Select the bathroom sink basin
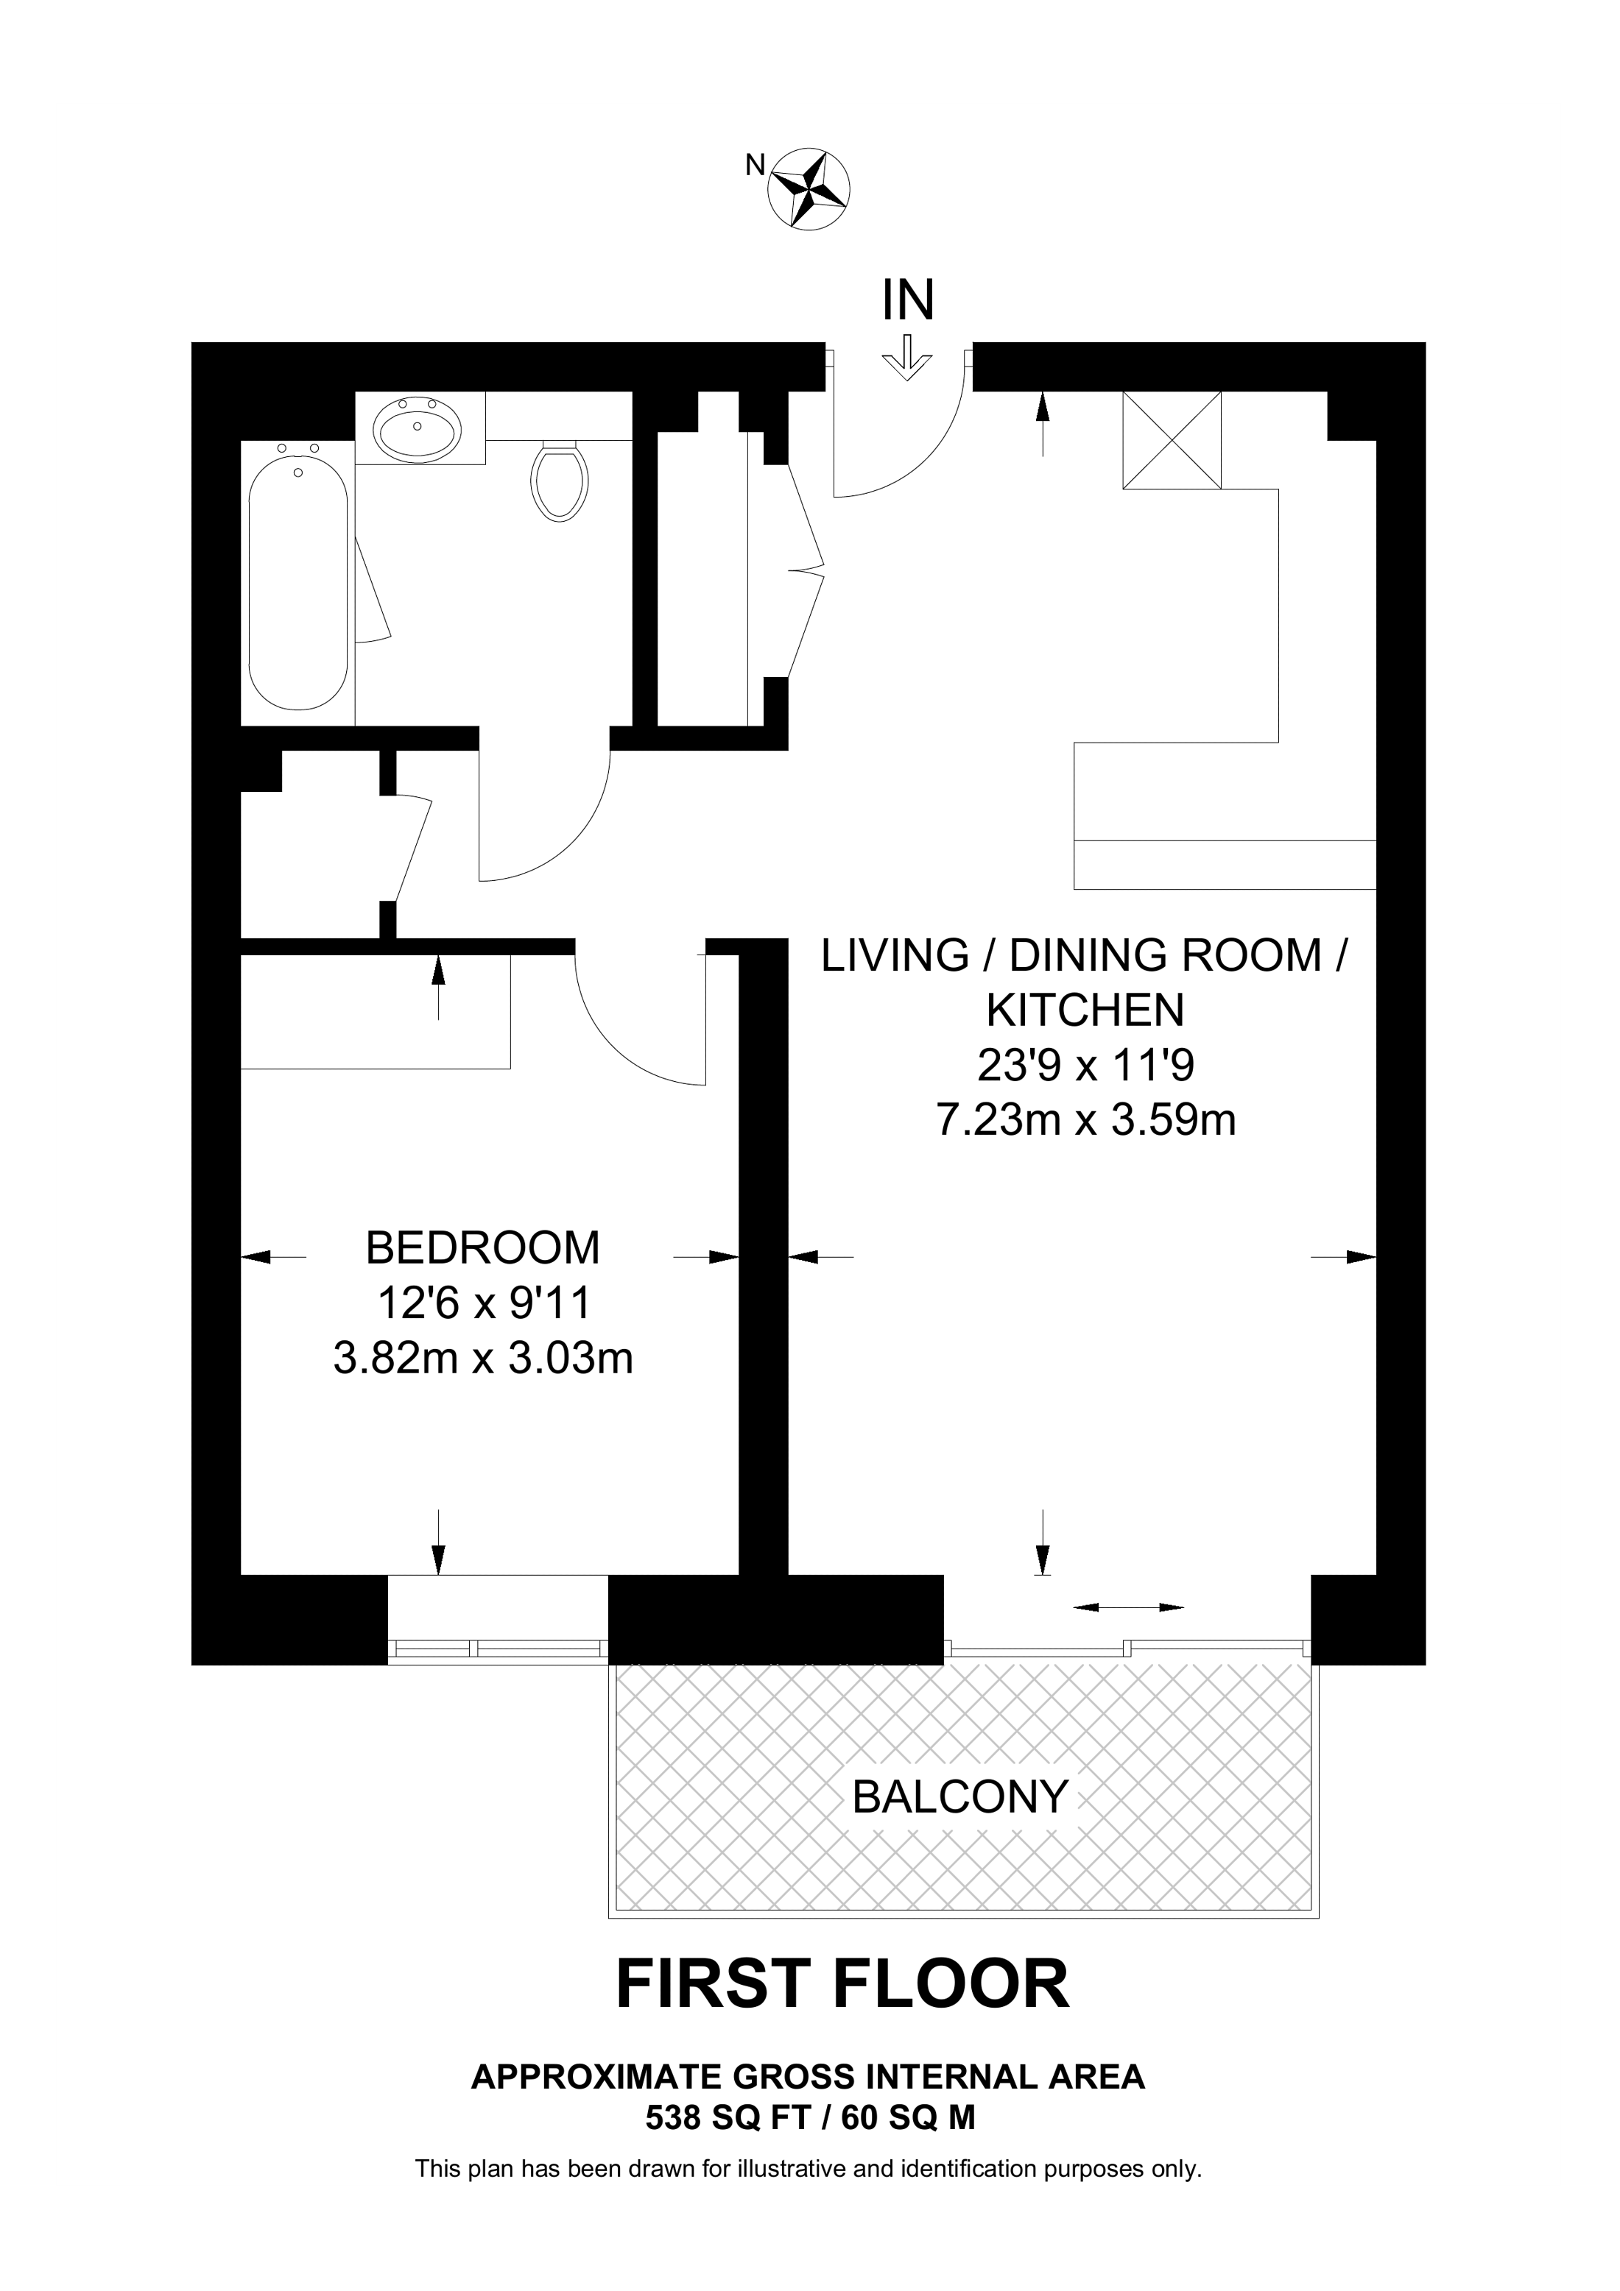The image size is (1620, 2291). pyautogui.click(x=418, y=429)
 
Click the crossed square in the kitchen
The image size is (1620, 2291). pyautogui.click(x=1172, y=440)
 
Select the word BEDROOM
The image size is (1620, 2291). pyautogui.click(x=483, y=1248)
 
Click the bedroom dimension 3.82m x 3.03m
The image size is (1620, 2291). pyautogui.click(x=483, y=1358)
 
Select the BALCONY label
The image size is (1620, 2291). pyautogui.click(x=960, y=1797)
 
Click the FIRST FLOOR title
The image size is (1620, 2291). pyautogui.click(x=842, y=1985)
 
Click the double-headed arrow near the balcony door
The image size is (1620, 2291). pyautogui.click(x=1128, y=1607)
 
